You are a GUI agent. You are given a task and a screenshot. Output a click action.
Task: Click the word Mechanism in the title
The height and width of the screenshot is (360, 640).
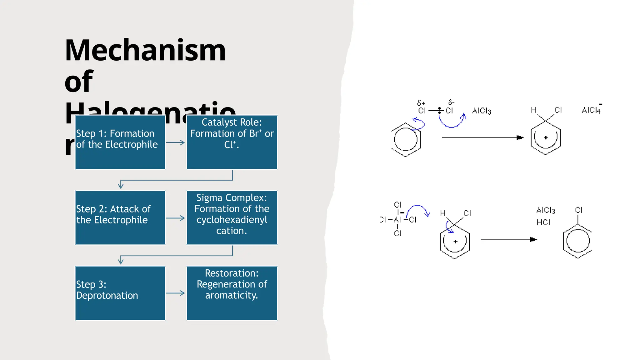(x=145, y=51)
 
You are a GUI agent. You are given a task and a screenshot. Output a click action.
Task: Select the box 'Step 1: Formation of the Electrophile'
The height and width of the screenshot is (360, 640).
(x=120, y=142)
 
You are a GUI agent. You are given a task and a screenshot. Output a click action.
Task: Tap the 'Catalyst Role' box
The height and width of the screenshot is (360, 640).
(x=232, y=142)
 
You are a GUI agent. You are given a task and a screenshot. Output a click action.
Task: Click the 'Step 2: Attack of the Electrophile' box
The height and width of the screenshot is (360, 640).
(x=120, y=218)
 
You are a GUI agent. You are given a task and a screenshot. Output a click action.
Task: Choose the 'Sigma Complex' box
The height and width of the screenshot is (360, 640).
(x=232, y=218)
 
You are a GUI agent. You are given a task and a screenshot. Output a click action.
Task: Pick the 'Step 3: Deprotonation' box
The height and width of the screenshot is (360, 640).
(x=120, y=293)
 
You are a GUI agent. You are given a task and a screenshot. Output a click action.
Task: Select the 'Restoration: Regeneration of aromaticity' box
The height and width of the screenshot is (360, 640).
(x=232, y=293)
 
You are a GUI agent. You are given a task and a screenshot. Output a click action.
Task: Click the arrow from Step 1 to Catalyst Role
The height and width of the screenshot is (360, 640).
(x=175, y=143)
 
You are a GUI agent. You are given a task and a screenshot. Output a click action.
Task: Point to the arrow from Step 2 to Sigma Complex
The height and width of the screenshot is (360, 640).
(x=175, y=218)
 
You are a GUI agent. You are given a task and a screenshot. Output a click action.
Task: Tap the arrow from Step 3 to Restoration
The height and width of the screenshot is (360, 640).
(x=175, y=293)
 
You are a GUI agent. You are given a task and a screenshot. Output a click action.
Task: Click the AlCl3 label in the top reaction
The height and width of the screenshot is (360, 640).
(x=481, y=111)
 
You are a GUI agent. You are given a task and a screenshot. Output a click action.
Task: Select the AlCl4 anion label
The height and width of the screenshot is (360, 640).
(x=591, y=110)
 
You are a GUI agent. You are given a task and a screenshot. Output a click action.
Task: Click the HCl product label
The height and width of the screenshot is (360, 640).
(x=543, y=222)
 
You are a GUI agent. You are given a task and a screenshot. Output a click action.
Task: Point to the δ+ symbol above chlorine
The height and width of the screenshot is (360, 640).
(x=421, y=103)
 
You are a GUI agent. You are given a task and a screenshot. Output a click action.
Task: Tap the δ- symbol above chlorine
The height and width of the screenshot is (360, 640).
(x=451, y=102)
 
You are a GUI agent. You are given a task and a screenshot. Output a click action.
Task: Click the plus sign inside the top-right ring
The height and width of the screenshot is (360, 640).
(x=546, y=138)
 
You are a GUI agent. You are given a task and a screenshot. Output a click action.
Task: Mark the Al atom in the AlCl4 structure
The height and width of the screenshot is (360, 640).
(x=397, y=220)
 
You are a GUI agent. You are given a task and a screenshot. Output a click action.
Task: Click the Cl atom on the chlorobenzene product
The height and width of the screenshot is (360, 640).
(x=579, y=210)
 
